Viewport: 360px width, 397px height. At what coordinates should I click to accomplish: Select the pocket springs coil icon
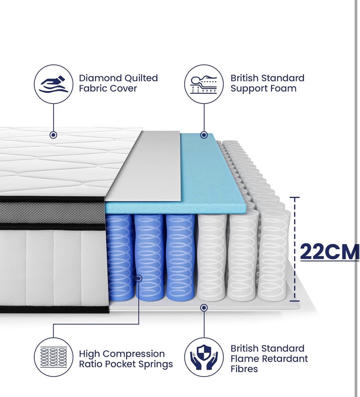[53, 357]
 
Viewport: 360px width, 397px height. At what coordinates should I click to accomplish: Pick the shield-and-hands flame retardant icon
[204, 357]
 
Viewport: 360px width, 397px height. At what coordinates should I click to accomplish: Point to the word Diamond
[100, 78]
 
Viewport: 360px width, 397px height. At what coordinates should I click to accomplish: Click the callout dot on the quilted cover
[53, 135]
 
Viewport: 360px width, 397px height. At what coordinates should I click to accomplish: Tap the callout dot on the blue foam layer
[204, 135]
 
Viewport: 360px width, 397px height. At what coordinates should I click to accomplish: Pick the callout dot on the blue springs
[139, 278]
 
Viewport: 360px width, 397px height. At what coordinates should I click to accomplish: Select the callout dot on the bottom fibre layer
[204, 313]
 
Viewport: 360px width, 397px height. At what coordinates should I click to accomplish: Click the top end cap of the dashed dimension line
[295, 197]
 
